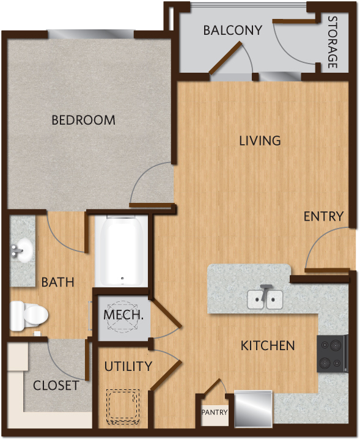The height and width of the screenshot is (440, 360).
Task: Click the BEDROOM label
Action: point(83,120)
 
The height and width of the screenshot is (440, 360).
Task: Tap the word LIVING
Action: point(260,141)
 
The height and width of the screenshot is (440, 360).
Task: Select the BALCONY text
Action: point(233,31)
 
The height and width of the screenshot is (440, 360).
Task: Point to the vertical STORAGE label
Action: point(332,42)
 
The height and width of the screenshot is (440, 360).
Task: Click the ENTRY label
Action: point(323,216)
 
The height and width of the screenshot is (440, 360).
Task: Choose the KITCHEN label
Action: point(268,346)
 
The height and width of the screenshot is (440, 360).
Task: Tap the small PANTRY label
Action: point(215,413)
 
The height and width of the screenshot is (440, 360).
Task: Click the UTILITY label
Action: point(128,366)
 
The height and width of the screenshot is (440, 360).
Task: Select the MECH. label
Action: point(123,315)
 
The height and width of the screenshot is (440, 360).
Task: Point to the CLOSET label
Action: point(56,386)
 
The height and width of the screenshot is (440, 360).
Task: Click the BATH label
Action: point(58,282)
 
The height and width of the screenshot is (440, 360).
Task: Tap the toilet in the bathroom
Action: point(29,315)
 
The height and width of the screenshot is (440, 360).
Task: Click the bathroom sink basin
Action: point(22,250)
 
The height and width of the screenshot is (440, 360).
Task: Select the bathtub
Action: point(122,251)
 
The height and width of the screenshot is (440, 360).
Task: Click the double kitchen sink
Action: point(265,299)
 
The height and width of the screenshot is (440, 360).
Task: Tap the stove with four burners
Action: point(332,354)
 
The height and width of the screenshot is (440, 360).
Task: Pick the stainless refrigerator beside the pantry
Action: point(254,409)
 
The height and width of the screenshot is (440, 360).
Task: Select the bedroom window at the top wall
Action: point(90,34)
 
